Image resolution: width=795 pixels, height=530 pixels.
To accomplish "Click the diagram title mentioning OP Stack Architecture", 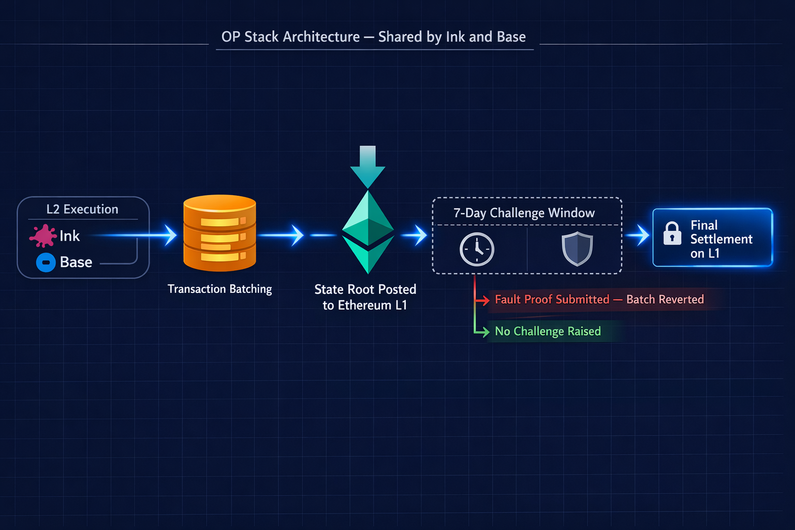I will tap(373, 37).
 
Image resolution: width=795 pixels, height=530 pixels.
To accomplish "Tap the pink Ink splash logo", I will tap(42, 236).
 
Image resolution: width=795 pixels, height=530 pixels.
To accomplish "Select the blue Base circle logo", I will tap(46, 262).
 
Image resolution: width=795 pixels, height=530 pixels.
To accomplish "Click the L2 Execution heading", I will tap(82, 209).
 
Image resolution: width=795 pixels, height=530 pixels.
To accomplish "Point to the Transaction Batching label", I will tap(219, 289).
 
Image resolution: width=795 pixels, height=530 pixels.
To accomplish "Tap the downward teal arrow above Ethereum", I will tap(367, 166).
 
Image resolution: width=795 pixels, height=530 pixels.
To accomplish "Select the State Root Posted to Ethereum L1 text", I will tap(365, 297).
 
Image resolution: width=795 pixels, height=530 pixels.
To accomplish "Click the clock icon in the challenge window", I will tap(477, 249).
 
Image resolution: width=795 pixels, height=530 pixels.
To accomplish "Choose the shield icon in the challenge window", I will tap(577, 249).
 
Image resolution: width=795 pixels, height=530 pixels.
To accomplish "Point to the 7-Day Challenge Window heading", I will tap(524, 213).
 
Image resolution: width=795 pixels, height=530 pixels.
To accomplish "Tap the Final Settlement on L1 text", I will tap(720, 239).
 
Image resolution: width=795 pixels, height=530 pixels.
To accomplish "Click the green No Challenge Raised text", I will tap(548, 331).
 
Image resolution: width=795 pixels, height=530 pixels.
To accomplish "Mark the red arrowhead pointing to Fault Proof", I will tap(484, 300).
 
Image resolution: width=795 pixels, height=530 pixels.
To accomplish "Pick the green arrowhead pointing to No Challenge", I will tap(484, 331).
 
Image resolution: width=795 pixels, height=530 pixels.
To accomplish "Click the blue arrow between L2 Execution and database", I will tap(169, 235).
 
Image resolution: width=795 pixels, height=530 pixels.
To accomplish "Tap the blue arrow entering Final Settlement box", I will tap(642, 235).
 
